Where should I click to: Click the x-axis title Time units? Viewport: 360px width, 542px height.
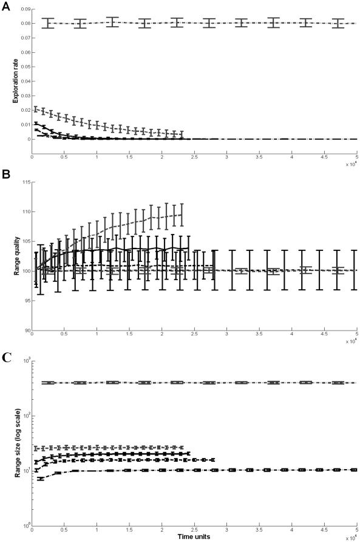tap(194, 537)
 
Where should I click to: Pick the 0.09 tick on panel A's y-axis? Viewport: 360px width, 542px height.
tap(24, 10)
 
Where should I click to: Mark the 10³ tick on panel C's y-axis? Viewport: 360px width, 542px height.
tap(25, 360)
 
